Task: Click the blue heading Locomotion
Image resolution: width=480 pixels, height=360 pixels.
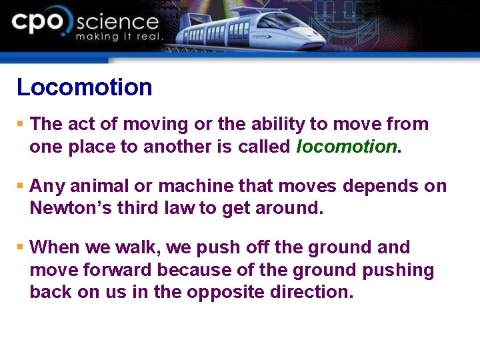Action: (84, 87)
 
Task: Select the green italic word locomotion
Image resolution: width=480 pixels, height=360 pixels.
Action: (346, 147)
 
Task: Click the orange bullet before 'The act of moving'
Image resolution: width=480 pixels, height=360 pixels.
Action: (20, 124)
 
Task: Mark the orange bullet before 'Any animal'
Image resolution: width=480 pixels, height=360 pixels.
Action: (20, 186)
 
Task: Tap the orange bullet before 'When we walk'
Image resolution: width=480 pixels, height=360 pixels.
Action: (20, 247)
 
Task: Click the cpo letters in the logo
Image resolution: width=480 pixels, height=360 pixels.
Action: (40, 24)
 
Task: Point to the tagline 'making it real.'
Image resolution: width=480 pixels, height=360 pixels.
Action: (118, 37)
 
